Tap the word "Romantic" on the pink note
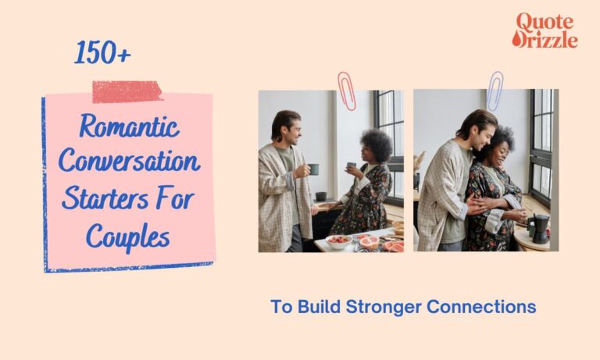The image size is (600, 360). click(129, 127)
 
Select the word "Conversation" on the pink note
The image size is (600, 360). click(129, 162)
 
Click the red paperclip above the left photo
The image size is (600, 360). click(345, 91)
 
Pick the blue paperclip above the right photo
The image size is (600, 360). click(495, 91)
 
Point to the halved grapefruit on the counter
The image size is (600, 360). click(369, 243)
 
